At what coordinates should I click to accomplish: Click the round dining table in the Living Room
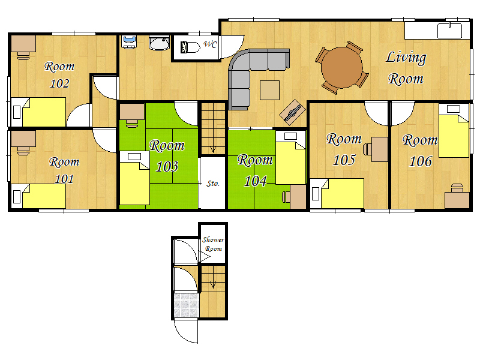(x=341, y=67)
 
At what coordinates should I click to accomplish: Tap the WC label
(x=211, y=44)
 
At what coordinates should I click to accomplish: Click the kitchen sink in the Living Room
(x=449, y=31)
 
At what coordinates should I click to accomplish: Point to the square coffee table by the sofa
(x=269, y=91)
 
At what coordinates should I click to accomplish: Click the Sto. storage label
(x=213, y=184)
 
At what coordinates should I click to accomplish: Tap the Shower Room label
(x=213, y=244)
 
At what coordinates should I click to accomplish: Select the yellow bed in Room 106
(x=454, y=131)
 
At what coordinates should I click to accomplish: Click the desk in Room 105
(x=380, y=149)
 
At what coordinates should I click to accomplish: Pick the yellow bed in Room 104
(x=290, y=158)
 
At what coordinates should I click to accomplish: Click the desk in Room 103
(x=132, y=112)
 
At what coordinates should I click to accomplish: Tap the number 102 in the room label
(x=59, y=83)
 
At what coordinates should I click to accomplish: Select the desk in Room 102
(x=23, y=44)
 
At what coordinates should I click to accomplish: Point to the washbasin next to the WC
(x=159, y=43)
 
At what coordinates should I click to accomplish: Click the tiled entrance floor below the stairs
(x=186, y=305)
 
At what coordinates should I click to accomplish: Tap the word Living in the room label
(x=406, y=58)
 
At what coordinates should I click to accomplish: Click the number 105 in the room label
(x=344, y=160)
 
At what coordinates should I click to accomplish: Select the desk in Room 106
(x=457, y=200)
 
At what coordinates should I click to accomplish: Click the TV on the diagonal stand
(x=293, y=112)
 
